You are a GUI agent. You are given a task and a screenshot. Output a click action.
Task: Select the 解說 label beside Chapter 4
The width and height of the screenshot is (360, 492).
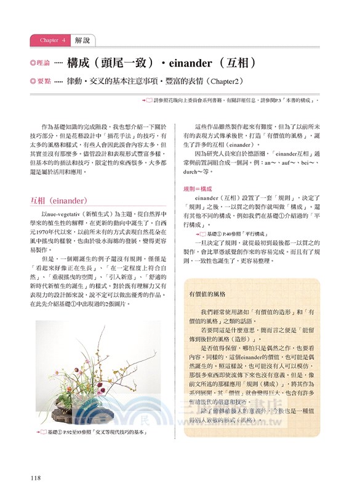point(82,41)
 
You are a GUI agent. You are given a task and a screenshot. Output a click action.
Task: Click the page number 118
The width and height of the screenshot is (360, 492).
point(36,478)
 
